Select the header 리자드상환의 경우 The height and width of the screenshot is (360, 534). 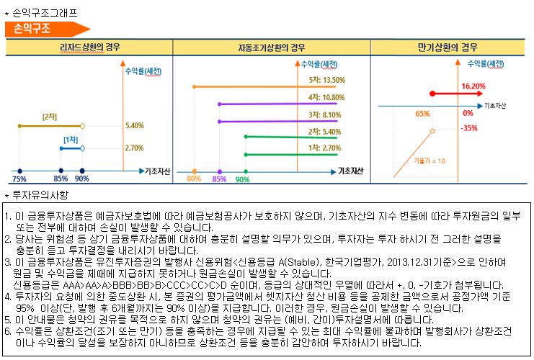(x=90, y=48)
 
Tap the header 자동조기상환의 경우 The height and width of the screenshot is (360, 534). (x=272, y=48)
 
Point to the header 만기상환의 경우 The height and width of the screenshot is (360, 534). (x=448, y=48)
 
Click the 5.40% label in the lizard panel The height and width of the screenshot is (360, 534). (x=135, y=126)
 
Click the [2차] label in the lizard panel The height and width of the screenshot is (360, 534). (x=50, y=116)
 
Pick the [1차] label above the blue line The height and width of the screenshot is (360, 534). (x=71, y=139)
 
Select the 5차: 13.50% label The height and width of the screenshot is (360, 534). (x=326, y=80)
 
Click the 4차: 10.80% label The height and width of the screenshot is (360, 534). (x=326, y=97)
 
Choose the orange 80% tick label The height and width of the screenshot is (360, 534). (x=194, y=179)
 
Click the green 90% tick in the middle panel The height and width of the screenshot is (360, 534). (x=243, y=179)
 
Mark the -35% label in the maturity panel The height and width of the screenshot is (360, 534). (x=470, y=128)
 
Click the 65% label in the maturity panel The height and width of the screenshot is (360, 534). (x=423, y=114)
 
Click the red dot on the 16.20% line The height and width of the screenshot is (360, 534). (x=432, y=94)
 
